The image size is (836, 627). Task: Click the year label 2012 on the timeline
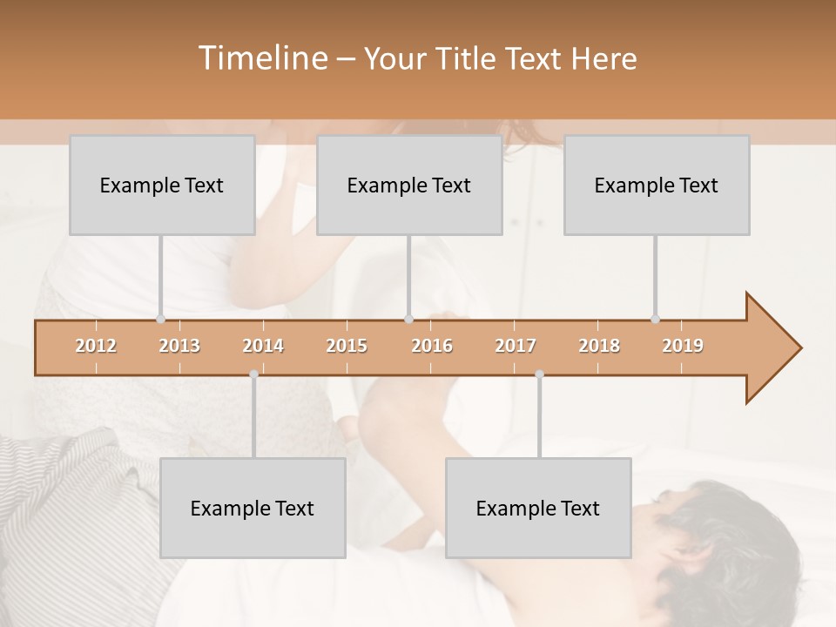coord(96,346)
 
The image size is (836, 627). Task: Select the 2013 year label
coord(179,346)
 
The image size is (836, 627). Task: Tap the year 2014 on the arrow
coord(263,346)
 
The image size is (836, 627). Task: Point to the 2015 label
coord(347,346)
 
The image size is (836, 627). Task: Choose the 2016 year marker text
coord(432,346)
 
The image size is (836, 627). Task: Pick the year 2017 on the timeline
coord(516,346)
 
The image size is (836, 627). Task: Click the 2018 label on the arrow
coord(599,346)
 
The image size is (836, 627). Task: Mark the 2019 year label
coord(683,346)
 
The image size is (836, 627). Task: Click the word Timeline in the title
coord(261,58)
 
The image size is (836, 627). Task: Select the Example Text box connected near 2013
coord(162,185)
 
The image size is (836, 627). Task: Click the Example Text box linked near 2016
coord(409,185)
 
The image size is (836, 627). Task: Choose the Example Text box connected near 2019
coord(657,185)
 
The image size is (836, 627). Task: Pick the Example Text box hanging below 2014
coord(253,508)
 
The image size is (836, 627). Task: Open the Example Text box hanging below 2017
coord(538,508)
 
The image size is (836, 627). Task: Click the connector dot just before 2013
coord(160,319)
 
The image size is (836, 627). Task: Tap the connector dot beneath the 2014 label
coord(253,374)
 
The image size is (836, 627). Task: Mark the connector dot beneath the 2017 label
coord(539,374)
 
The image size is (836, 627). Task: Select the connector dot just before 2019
coord(655,319)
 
